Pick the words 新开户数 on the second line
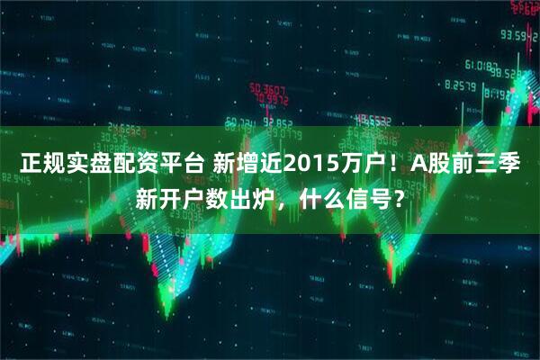coord(180,199)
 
